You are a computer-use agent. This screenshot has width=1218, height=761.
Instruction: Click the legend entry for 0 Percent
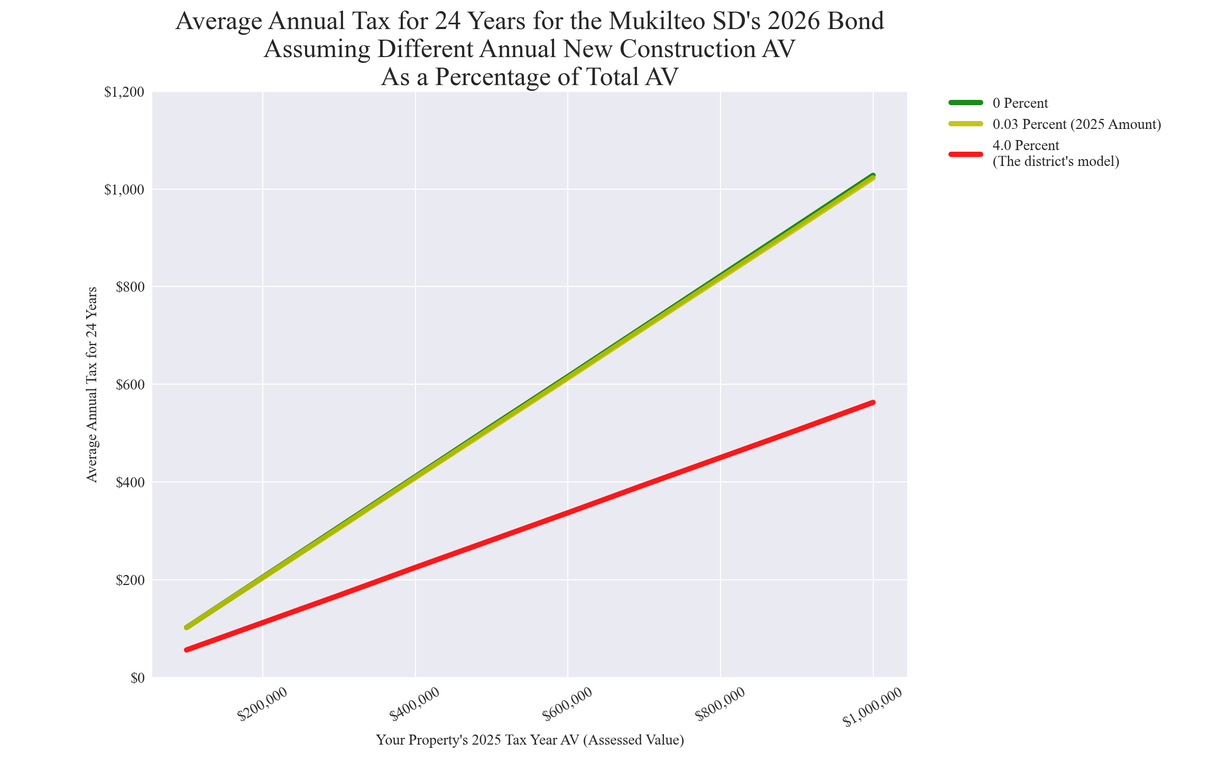click(x=1020, y=103)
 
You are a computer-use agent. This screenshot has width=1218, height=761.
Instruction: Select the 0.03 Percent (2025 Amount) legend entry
click(x=1076, y=124)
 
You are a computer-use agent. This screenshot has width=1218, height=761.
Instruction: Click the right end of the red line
click(x=873, y=403)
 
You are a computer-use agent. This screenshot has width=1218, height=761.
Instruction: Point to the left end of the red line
click(x=187, y=649)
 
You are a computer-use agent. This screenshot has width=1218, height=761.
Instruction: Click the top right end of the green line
click(x=873, y=175)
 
